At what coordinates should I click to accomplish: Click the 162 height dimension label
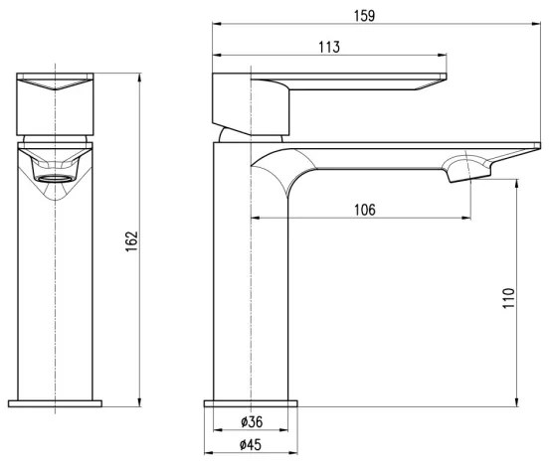pos(130,241)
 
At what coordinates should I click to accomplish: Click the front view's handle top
pos(56,86)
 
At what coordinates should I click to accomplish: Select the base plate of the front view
pos(56,402)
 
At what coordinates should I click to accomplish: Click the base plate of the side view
pos(251,402)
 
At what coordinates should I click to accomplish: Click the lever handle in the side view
pos(358,87)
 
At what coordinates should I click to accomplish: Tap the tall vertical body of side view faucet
pos(251,298)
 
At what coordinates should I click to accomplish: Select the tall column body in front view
pos(56,298)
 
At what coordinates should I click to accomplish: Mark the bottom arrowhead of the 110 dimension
pos(517,402)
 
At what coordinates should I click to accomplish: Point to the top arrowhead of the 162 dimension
pos(139,77)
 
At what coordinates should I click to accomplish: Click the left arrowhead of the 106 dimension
pos(255,216)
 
